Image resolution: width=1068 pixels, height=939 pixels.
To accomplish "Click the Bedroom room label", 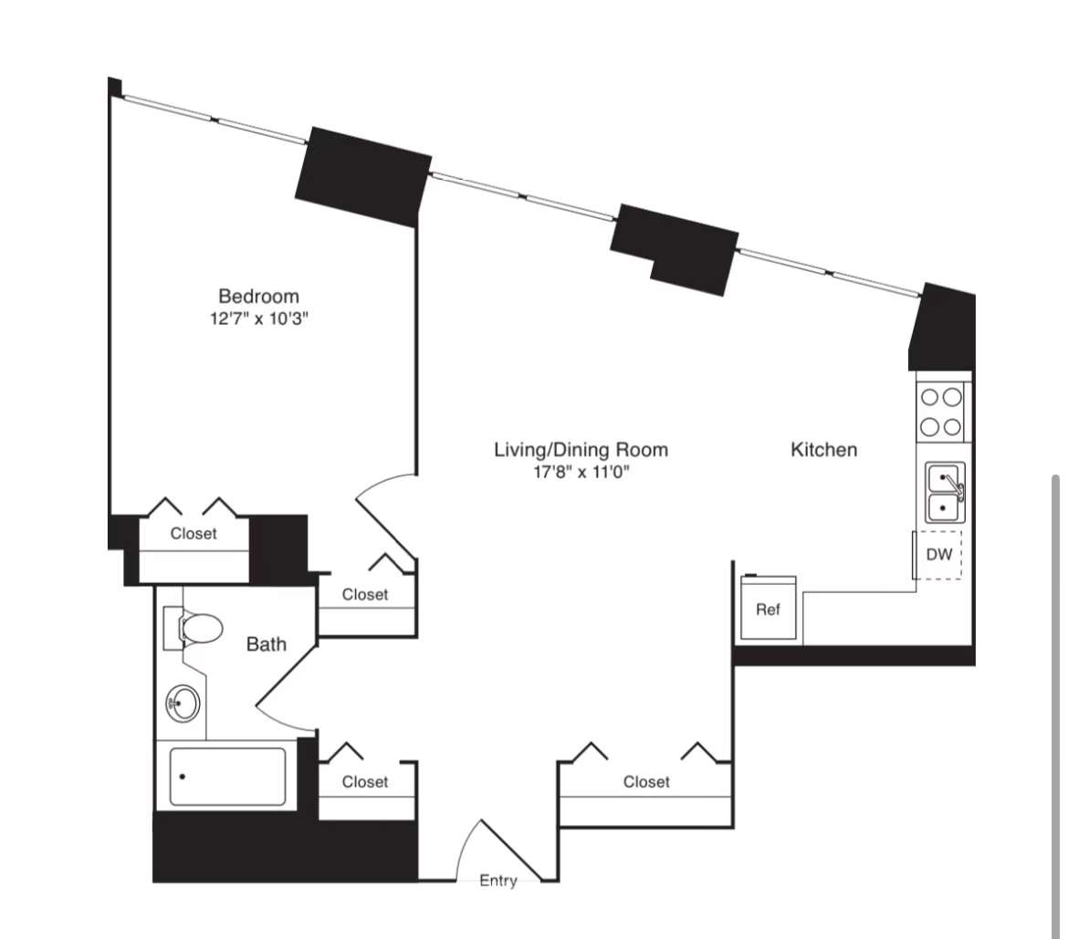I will (x=258, y=297).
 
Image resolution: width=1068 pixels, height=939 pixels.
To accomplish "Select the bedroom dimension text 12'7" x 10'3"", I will (x=258, y=319).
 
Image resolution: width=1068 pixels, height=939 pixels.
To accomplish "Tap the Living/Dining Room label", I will (x=581, y=450).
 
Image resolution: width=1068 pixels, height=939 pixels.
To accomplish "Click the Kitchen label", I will (x=823, y=450).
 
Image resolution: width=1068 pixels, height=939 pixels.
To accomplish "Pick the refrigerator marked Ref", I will (x=768, y=610).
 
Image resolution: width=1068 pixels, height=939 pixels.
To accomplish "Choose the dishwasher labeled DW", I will (x=939, y=554).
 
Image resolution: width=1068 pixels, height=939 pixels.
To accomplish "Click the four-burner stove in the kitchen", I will (x=941, y=412).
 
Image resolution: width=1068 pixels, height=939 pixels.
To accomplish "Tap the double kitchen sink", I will (x=945, y=492).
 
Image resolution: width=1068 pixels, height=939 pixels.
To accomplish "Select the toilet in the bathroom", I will (x=194, y=628).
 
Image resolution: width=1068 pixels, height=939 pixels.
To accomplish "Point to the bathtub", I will (x=227, y=777).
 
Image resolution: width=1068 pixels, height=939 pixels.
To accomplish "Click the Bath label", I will (x=267, y=645).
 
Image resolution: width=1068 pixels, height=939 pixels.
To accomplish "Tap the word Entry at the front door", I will (x=498, y=881).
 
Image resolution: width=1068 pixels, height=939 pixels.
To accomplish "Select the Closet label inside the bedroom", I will (x=194, y=534).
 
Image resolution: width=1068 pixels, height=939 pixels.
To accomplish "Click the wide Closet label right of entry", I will (x=646, y=782).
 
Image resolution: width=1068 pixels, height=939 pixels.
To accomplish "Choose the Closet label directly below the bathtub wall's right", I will (x=365, y=782).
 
